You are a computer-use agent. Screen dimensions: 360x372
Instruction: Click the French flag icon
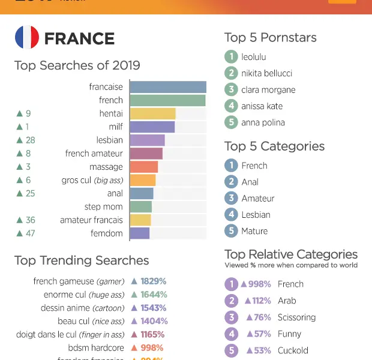click(x=27, y=38)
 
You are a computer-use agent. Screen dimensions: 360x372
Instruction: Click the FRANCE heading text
click(x=79, y=38)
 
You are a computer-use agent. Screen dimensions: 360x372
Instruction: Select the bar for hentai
click(x=152, y=113)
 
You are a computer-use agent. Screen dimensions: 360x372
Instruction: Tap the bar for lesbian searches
click(x=147, y=140)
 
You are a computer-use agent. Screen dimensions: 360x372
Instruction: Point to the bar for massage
click(x=143, y=167)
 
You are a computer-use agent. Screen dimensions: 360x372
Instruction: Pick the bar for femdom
click(x=140, y=233)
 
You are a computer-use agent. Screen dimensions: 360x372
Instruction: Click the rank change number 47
click(x=30, y=233)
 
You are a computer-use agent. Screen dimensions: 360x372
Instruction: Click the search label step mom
click(x=103, y=207)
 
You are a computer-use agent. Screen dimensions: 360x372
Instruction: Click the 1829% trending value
click(x=153, y=281)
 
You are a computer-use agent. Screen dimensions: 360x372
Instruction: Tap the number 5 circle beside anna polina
click(x=231, y=122)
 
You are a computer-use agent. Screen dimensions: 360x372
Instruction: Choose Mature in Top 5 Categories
click(x=254, y=231)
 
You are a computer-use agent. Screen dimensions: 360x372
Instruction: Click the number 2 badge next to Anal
click(x=231, y=182)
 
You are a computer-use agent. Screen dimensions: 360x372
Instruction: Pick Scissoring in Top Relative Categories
click(x=296, y=317)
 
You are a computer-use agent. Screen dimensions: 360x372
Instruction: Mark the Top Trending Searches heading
click(x=82, y=260)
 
